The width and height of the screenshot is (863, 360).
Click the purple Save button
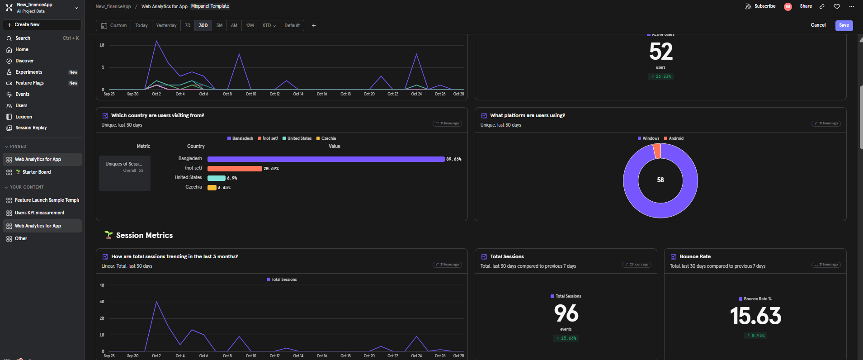point(844,25)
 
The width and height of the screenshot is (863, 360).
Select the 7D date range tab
point(188,26)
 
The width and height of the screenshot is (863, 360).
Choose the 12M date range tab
point(250,26)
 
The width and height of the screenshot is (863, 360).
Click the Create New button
point(42,25)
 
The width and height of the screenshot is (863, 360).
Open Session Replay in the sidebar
point(31,128)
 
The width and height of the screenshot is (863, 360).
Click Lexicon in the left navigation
point(24,117)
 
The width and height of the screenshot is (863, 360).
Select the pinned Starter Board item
point(36,172)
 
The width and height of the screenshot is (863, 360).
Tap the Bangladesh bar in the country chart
point(325,159)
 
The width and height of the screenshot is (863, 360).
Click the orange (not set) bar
point(235,169)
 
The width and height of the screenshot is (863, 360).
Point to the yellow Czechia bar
point(212,188)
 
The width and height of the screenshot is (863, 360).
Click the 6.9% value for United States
point(232,178)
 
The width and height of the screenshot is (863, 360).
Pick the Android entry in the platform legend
point(676,138)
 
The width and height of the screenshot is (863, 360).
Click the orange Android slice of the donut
point(657,151)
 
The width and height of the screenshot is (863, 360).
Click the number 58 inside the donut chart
point(660,180)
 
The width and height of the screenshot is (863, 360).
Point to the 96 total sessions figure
point(566,313)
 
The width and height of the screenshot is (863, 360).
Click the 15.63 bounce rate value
point(755,316)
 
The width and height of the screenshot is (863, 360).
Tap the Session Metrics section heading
point(144,236)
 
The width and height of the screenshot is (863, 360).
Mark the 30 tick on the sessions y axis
point(102,302)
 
